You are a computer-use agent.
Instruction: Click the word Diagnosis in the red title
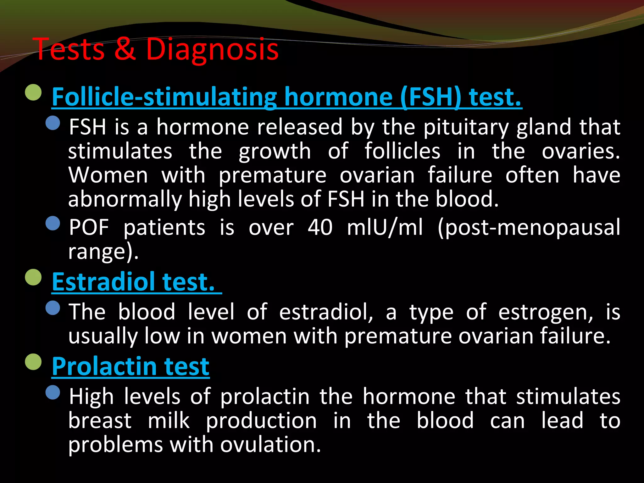pyautogui.click(x=212, y=49)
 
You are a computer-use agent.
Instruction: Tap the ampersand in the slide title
pyautogui.click(x=125, y=49)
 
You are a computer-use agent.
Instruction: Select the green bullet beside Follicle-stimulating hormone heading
pyautogui.click(x=33, y=92)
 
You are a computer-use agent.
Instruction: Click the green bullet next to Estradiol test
pyautogui.click(x=33, y=277)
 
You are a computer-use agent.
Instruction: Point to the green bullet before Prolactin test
pyautogui.click(x=33, y=362)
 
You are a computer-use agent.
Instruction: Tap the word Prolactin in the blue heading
pyautogui.click(x=104, y=366)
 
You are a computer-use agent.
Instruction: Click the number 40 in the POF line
pyautogui.click(x=320, y=227)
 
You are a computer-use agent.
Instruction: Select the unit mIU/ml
pyautogui.click(x=385, y=227)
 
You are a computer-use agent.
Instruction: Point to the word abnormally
pyautogui.click(x=125, y=199)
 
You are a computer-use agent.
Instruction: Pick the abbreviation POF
pyautogui.click(x=89, y=227)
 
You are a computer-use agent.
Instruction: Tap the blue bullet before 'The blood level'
pyautogui.click(x=53, y=308)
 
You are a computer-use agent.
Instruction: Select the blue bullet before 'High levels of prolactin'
pyautogui.click(x=53, y=392)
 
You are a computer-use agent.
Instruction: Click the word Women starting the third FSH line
pyautogui.click(x=108, y=175)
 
